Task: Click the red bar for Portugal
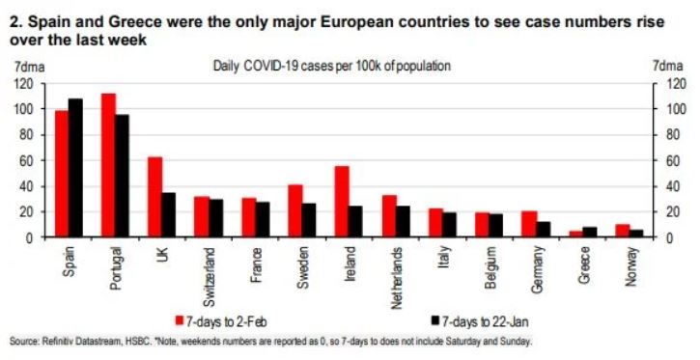pos(108,165)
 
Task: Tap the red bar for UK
pos(154,197)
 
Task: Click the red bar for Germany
pos(528,224)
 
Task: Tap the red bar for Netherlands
pos(388,216)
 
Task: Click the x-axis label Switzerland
pos(208,273)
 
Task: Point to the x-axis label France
pos(255,263)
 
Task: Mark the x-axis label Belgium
pos(489,266)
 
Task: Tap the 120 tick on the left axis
pos(21,84)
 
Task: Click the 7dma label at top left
pos(23,66)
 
